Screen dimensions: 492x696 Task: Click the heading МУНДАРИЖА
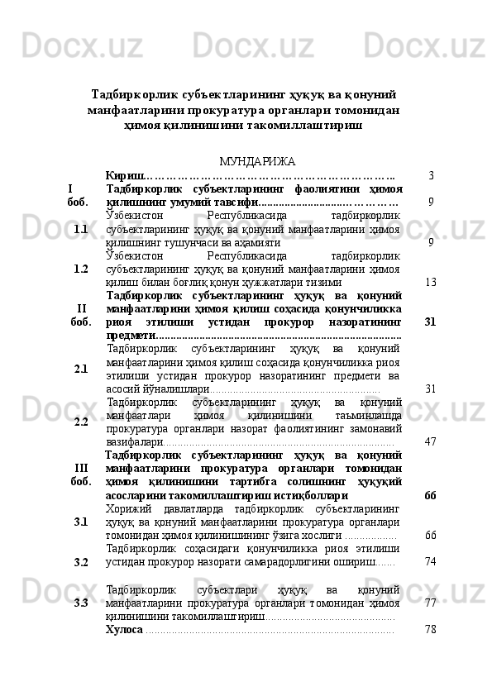[x=246, y=160]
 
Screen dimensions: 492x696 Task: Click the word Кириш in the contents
[x=125, y=175]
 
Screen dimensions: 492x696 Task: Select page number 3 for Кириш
[x=432, y=175]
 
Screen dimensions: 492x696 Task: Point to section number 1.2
[x=80, y=269]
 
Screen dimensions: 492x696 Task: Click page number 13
[x=430, y=282]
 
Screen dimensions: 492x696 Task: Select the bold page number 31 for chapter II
[x=430, y=322]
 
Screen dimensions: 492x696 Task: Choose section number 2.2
[x=80, y=422]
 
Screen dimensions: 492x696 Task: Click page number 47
[x=430, y=441]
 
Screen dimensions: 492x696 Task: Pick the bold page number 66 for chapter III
[x=430, y=495]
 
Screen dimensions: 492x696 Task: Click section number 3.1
[x=80, y=522]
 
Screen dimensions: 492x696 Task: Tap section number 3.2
[x=80, y=562]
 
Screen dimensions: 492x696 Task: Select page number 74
[x=430, y=561]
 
